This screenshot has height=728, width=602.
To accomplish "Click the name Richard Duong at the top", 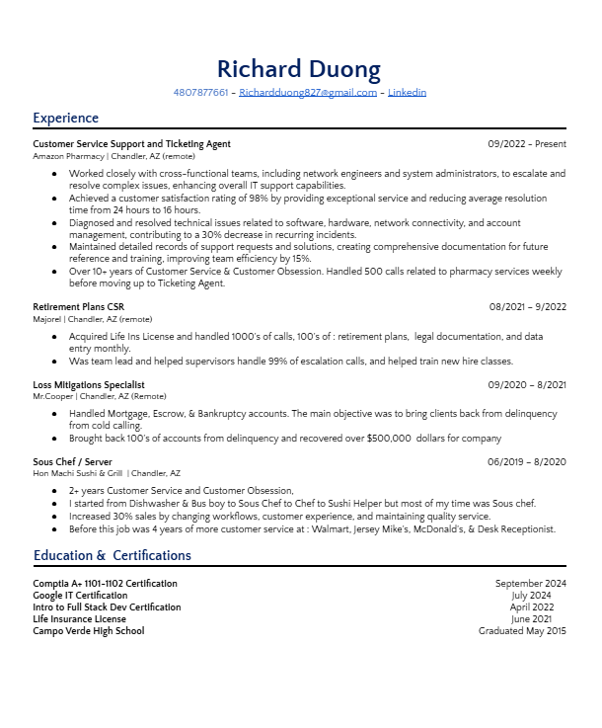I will [298, 68].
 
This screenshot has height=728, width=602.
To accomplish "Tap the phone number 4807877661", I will [200, 93].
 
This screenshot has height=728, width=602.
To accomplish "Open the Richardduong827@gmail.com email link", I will [308, 93].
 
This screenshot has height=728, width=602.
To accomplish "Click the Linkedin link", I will [407, 93].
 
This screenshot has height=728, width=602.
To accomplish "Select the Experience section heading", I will [65, 119].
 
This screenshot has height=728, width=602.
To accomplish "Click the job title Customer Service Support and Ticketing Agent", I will [131, 144].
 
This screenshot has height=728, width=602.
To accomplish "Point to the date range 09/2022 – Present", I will [527, 144].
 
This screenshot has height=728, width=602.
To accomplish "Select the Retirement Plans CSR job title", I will [78, 307].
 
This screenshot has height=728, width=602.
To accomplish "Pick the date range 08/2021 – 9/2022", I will [528, 307].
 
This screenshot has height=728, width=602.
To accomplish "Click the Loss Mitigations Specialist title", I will [89, 384].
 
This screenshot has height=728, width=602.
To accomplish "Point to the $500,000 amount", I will [388, 439].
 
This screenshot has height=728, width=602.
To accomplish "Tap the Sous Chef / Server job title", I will [72, 461].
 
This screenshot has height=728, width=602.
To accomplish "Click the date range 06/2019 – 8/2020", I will [528, 461].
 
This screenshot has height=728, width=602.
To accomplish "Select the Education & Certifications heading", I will [113, 555].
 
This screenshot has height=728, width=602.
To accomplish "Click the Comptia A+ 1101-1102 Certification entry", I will [106, 584].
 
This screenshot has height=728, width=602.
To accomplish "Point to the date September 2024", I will [531, 584].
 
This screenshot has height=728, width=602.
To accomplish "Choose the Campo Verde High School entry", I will [88, 631].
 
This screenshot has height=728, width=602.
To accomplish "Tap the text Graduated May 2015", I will [522, 631].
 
